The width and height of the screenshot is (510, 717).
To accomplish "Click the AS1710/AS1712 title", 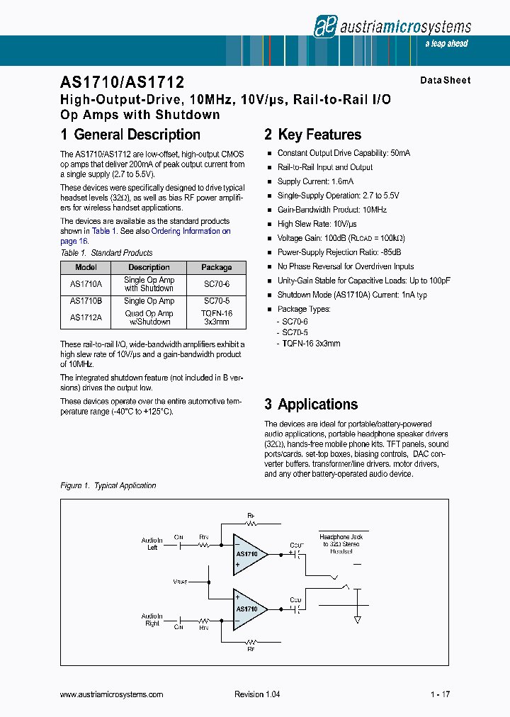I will tap(123, 83).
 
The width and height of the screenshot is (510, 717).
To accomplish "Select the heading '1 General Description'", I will tap(130, 135).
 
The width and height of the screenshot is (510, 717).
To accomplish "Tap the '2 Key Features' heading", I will tap(312, 135).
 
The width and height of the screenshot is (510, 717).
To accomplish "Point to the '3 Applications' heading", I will tap(311, 405).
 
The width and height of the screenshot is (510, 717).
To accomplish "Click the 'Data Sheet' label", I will tap(445, 80).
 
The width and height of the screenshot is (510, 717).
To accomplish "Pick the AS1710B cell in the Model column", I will tap(86, 301).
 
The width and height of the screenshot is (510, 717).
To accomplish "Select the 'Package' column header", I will tap(216, 267).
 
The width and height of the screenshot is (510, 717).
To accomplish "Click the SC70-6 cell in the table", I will tap(216, 283).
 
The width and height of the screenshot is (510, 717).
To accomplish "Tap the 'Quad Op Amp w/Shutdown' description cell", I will tap(149, 317).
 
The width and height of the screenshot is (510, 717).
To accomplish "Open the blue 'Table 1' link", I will tap(101, 231).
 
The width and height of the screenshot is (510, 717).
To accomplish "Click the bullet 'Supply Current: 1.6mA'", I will tap(315, 181).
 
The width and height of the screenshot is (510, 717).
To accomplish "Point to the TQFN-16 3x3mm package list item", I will tap(311, 343).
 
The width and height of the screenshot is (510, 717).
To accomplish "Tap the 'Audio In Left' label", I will tap(152, 544).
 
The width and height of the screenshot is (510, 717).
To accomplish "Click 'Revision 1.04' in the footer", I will tap(257, 694).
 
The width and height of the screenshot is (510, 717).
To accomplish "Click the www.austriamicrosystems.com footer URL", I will tap(112, 694).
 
